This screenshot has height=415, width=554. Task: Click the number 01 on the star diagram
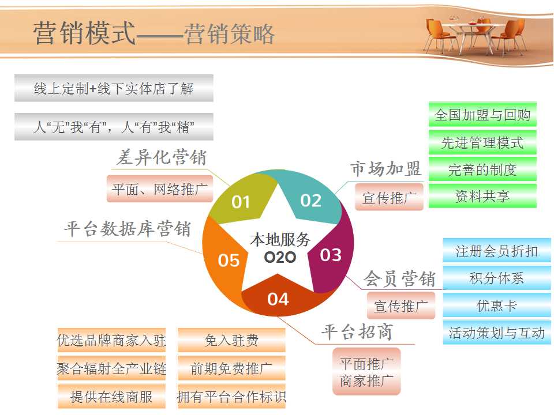(x=241, y=202)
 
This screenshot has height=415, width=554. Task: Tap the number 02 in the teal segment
(x=311, y=201)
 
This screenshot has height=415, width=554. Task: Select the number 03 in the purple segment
(x=331, y=255)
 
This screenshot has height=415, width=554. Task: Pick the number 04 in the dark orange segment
(x=278, y=299)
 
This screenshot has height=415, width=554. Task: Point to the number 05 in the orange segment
(x=229, y=261)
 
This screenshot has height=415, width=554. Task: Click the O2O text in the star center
(x=280, y=257)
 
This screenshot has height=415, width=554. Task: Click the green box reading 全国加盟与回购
(x=482, y=115)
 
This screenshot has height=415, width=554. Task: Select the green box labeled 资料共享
(x=482, y=196)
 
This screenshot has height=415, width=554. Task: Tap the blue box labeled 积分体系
(x=497, y=278)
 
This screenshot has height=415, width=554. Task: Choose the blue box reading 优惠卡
(x=497, y=305)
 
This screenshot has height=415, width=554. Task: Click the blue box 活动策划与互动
(x=497, y=333)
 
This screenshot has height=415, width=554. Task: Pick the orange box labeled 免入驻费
(x=231, y=341)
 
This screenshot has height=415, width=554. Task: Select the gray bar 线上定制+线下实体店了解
(x=114, y=88)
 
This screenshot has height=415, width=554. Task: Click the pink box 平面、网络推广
(x=160, y=189)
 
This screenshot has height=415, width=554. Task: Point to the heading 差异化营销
(x=162, y=157)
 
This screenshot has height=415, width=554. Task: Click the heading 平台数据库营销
(x=128, y=229)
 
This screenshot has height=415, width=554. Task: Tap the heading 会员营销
(x=399, y=278)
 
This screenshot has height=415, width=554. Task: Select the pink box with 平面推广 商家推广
(x=366, y=372)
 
